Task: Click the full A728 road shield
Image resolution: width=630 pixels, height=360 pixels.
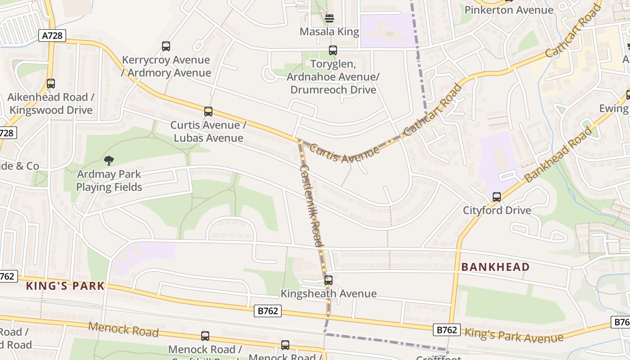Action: (52, 36)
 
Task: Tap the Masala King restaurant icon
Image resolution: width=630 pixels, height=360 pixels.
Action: (329, 18)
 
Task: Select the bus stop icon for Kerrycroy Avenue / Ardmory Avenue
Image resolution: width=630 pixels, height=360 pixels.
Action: (166, 46)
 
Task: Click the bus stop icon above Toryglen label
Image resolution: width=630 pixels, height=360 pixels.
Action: (333, 50)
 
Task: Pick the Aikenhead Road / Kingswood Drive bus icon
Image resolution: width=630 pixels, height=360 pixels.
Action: (51, 83)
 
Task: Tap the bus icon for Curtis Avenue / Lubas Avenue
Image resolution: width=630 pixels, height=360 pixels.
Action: (208, 111)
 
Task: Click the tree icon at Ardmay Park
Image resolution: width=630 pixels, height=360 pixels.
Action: (108, 160)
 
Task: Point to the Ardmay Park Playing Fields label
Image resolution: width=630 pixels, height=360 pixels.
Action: (109, 181)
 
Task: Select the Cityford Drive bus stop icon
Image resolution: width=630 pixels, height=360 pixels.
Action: (497, 197)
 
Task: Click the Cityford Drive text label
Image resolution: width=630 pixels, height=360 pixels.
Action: (497, 210)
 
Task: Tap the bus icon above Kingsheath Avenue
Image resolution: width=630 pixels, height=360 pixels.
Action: (328, 280)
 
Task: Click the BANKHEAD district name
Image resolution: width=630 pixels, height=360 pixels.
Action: (495, 267)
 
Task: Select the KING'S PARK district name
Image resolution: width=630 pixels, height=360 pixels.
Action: (65, 286)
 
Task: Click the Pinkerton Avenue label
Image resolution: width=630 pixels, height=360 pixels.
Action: (509, 10)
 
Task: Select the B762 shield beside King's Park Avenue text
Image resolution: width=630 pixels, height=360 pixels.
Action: (447, 330)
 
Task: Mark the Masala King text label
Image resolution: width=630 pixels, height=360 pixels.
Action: (329, 31)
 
